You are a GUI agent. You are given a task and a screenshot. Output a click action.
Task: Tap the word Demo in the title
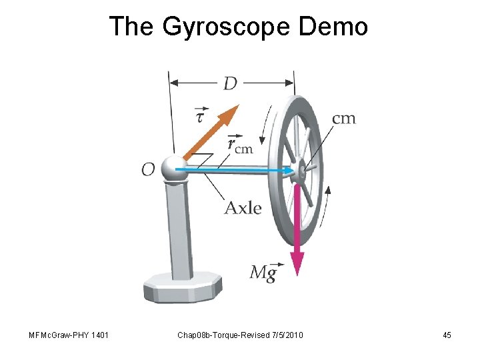[334, 27]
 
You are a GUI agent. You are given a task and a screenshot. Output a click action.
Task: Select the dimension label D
[230, 83]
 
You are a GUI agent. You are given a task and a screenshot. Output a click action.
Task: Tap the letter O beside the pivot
[148, 170]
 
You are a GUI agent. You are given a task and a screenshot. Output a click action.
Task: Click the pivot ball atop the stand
[175, 168]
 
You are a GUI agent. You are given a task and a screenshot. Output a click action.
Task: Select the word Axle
[243, 208]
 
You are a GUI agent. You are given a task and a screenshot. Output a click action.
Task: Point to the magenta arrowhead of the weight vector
[297, 263]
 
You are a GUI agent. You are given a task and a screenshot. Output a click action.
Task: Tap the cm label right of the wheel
[343, 119]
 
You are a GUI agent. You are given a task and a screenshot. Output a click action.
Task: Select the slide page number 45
[447, 335]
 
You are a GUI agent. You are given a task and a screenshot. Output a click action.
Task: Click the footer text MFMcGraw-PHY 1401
[65, 335]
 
